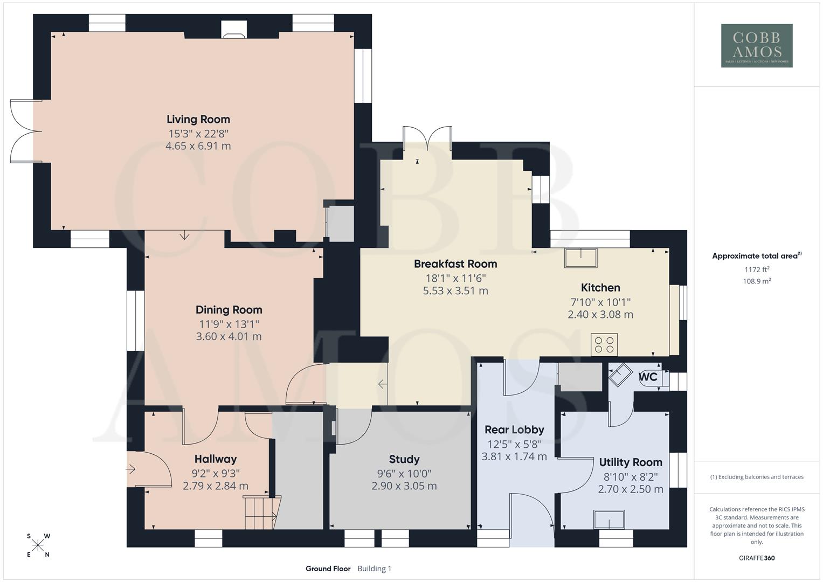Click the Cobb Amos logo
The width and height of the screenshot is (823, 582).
[x=757, y=45]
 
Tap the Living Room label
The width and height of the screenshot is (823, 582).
[x=198, y=120]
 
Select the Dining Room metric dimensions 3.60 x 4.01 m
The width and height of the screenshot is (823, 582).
[x=229, y=336]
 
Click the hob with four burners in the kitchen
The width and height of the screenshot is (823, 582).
[x=604, y=345]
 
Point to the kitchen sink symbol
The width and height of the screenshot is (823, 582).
[x=580, y=258]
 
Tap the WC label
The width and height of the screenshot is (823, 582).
[x=648, y=377]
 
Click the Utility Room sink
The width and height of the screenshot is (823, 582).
[x=609, y=519]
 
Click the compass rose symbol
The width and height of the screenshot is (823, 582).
[x=38, y=545]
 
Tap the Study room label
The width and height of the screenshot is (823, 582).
[x=404, y=459]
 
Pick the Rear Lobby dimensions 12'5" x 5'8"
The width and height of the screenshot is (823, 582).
[x=514, y=444]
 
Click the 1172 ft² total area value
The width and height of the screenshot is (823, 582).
[x=757, y=269]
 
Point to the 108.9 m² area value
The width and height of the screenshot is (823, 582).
[x=757, y=281]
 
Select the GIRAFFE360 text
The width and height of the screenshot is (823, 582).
[x=757, y=558]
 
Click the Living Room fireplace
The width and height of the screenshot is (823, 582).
[x=234, y=31]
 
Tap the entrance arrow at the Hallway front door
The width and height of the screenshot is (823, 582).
[x=131, y=469]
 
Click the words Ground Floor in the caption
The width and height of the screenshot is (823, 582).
[x=328, y=569]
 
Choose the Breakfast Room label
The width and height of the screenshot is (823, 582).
[x=455, y=264]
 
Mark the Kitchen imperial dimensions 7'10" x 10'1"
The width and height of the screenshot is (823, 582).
[x=600, y=302]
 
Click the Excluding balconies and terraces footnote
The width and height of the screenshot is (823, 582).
[x=757, y=477]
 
